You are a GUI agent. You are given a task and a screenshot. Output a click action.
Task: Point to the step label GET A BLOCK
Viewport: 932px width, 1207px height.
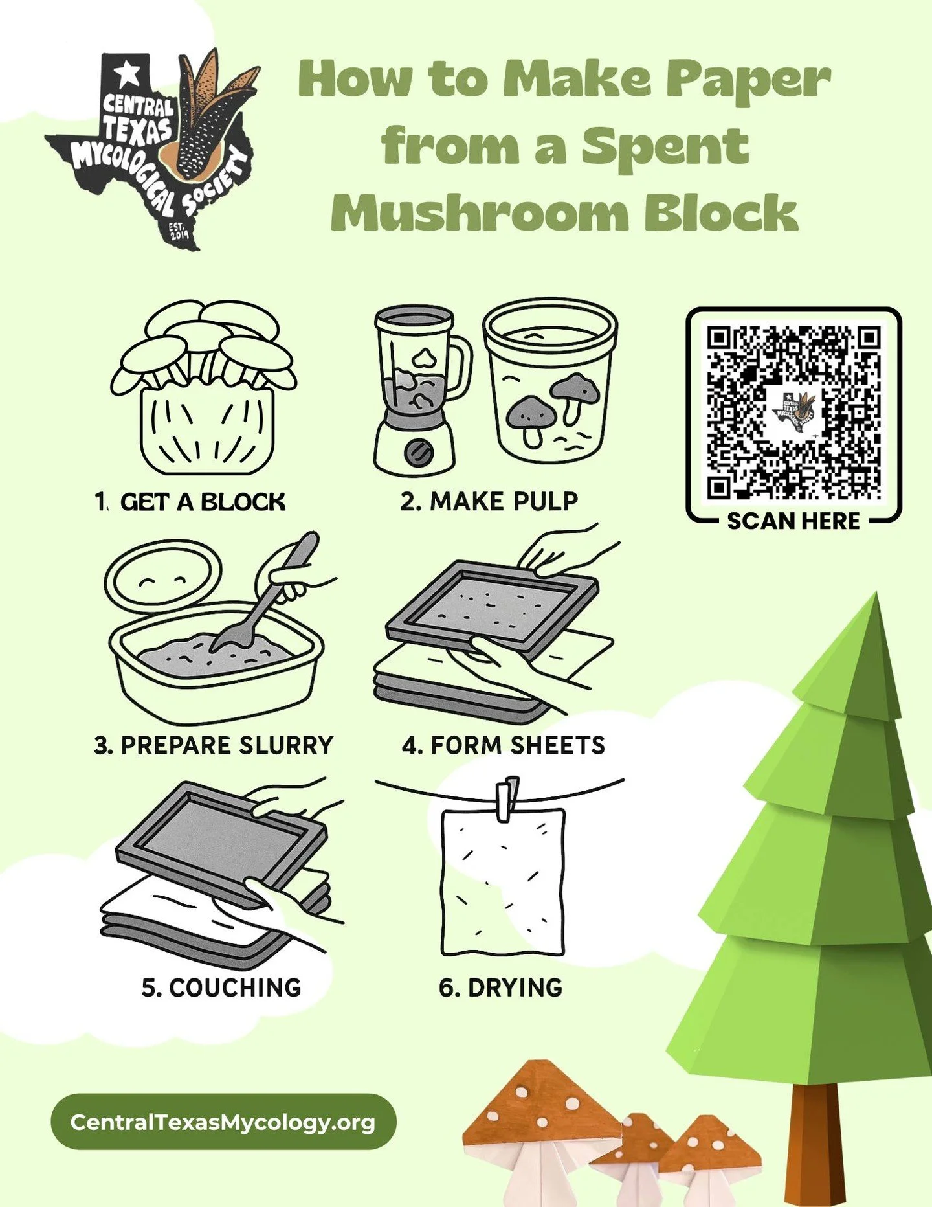pyautogui.click(x=191, y=502)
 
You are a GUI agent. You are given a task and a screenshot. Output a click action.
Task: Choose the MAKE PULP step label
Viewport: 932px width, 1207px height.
pyautogui.click(x=489, y=502)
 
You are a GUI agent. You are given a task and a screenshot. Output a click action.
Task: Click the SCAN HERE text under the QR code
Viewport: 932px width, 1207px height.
pyautogui.click(x=793, y=521)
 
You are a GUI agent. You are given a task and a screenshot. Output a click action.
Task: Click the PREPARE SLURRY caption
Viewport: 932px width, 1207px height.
pyautogui.click(x=214, y=745)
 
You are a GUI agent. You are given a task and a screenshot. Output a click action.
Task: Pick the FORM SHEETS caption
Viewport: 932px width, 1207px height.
pyautogui.click(x=504, y=745)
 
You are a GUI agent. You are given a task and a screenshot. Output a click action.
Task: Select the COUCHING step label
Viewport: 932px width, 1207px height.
pyautogui.click(x=221, y=987)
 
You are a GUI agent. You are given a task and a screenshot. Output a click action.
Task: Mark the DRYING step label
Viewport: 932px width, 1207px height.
pyautogui.click(x=501, y=987)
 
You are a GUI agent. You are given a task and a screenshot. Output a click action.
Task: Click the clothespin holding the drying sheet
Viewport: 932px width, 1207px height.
pyautogui.click(x=507, y=798)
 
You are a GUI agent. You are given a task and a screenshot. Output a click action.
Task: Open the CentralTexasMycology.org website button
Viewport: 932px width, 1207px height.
pyautogui.click(x=223, y=1122)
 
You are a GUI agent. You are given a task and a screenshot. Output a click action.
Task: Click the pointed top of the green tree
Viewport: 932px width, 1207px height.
pyautogui.click(x=875, y=599)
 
